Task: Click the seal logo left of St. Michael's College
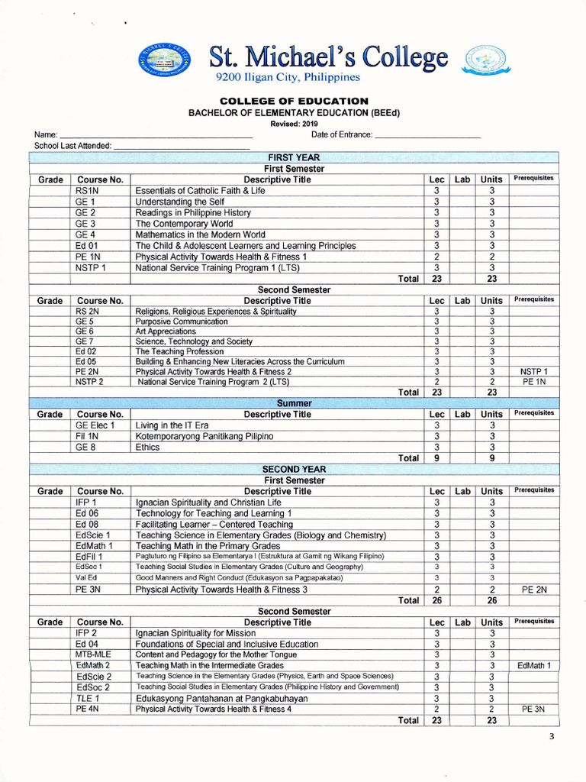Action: [166, 60]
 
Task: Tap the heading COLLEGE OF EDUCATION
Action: [294, 101]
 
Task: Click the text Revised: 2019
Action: [294, 123]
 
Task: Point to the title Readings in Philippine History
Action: [193, 213]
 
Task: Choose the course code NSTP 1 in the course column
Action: [90, 268]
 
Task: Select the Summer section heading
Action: [294, 403]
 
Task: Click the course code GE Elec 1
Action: [95, 425]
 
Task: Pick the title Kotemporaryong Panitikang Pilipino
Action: [204, 437]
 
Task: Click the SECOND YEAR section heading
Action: [294, 470]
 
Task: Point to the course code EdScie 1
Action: [93, 535]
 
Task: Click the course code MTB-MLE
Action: [92, 655]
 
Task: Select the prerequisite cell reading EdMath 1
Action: [533, 666]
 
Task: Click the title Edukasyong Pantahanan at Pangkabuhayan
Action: [221, 699]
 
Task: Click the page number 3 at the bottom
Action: [552, 737]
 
